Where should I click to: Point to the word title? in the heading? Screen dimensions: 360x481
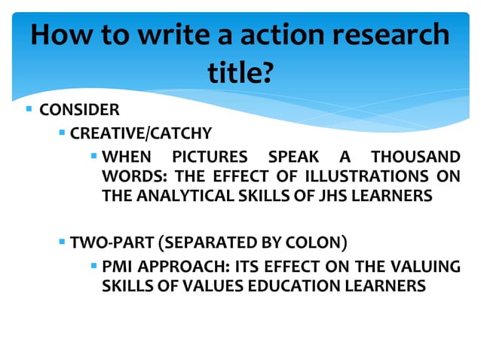coord(240,74)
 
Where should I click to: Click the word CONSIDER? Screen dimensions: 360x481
coord(79,111)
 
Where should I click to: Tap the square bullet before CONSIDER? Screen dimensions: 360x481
coord(29,110)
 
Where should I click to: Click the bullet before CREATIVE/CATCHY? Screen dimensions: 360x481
coord(63,133)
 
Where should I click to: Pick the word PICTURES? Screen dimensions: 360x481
coord(210,157)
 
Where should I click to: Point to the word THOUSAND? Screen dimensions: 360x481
coord(415,157)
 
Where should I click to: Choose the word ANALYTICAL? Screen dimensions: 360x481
coord(178,197)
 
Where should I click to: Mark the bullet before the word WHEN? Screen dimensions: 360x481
coord(93,157)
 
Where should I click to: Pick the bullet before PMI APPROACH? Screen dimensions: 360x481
coord(93,266)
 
